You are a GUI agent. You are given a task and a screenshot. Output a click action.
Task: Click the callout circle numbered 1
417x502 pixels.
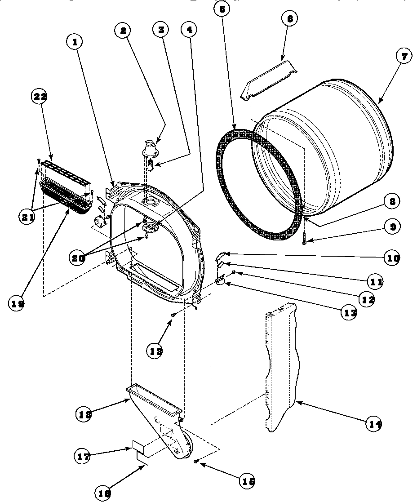(x=75, y=42)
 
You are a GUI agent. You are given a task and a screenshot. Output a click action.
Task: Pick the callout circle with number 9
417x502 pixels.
(x=392, y=227)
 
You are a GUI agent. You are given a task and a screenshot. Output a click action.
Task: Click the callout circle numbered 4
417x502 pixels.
(x=189, y=30)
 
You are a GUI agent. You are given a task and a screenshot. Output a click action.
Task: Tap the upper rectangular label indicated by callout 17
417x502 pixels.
(x=139, y=446)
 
